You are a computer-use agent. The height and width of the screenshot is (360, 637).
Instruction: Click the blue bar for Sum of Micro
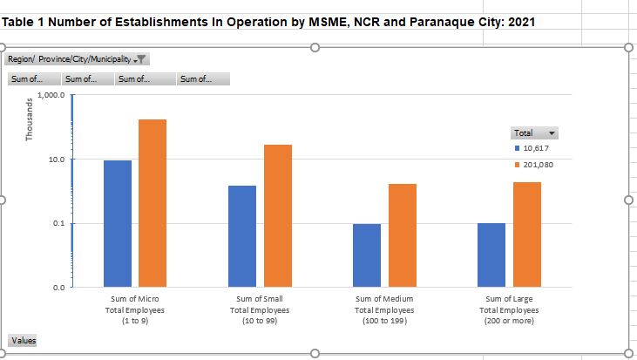118,223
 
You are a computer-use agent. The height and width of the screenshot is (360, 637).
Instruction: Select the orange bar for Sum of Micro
152,202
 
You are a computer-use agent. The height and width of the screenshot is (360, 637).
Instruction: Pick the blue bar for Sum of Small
242,235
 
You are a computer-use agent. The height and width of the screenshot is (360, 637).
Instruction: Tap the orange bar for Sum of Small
277,215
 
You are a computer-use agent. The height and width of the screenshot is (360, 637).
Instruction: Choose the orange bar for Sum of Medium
402,234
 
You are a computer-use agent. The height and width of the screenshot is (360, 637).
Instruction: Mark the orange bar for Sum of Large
526,234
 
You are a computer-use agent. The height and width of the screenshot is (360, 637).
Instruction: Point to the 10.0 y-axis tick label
58,160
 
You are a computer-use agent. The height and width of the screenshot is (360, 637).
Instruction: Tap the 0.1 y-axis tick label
60,224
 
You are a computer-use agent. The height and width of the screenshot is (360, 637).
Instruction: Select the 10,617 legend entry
535,149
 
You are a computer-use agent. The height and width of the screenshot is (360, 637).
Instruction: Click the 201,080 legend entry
537,164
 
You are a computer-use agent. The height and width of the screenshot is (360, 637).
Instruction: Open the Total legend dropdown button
551,133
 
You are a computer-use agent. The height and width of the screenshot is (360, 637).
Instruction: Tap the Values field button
24,340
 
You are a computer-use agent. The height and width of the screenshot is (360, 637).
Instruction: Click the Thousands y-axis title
29,119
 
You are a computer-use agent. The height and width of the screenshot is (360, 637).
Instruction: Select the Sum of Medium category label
384,309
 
